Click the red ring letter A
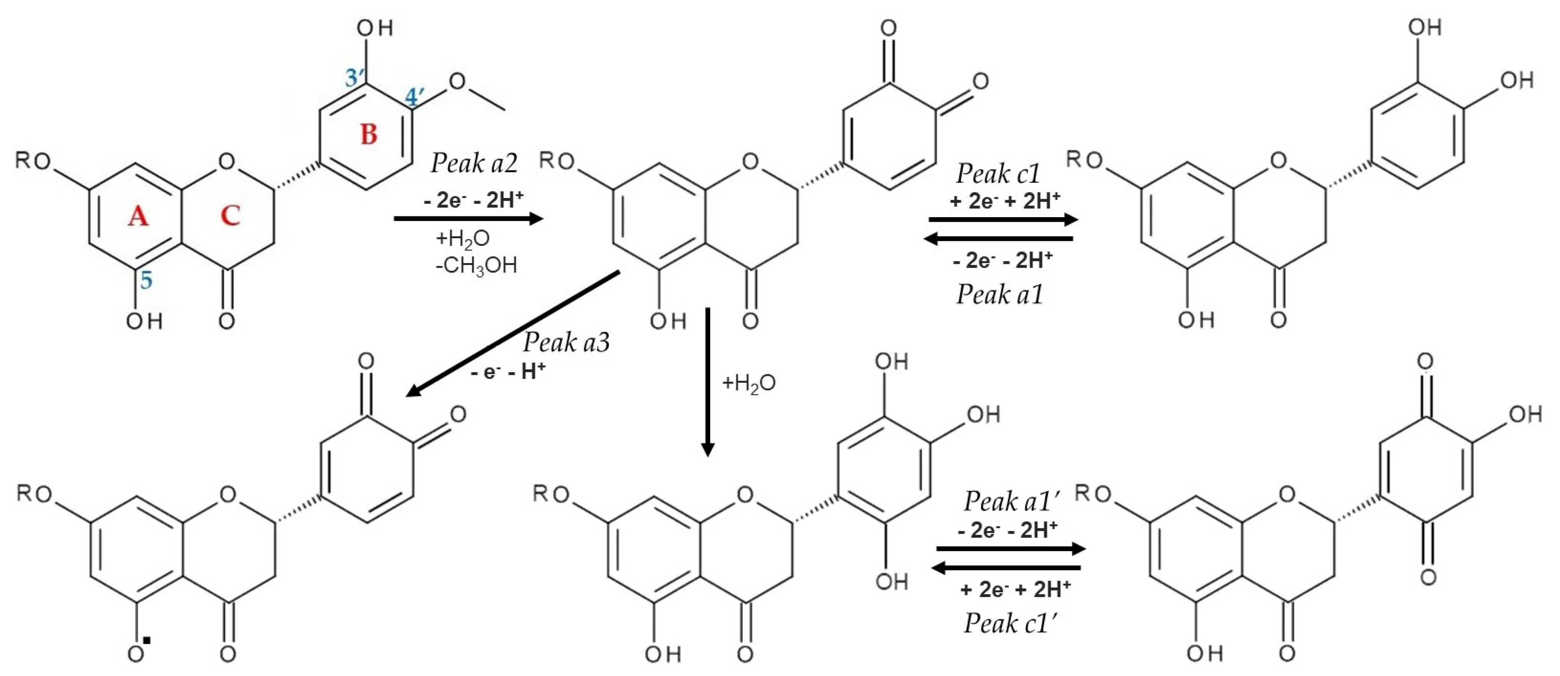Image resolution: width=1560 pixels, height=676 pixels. click(138, 215)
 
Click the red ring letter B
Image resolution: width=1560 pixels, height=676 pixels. click(369, 134)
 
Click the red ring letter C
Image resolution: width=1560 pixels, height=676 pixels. click(230, 215)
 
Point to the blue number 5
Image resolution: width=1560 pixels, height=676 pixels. click(146, 280)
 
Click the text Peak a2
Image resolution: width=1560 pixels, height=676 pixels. click(474, 163)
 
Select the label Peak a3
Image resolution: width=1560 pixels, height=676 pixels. click(566, 343)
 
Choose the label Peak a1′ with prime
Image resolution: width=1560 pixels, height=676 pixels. click(1011, 501)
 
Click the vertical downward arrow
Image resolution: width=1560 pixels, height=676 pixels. click(707, 381)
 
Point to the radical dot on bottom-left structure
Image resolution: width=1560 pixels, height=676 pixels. click(147, 640)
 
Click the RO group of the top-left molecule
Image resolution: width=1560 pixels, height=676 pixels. click(33, 161)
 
